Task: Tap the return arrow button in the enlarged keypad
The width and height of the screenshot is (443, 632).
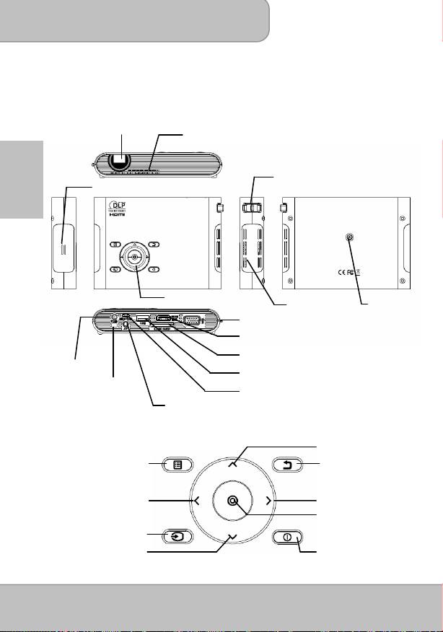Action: [287, 465]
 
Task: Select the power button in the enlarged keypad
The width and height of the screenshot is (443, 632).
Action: [286, 537]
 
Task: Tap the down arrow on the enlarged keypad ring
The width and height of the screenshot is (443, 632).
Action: [232, 537]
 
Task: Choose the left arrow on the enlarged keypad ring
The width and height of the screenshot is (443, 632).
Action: [196, 499]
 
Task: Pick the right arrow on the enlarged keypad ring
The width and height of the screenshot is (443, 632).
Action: [268, 499]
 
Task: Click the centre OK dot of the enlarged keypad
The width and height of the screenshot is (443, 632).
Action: [232, 500]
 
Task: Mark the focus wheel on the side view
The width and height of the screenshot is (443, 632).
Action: [252, 207]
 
